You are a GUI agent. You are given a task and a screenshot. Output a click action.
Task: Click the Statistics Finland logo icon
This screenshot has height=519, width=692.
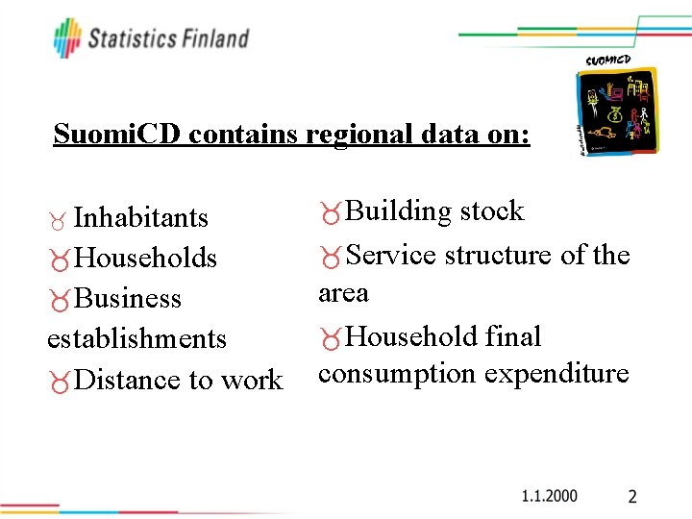67,37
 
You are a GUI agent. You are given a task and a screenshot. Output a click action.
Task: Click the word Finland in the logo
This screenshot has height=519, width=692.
214,38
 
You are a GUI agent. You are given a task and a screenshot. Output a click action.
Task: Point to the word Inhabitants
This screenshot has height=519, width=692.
140,217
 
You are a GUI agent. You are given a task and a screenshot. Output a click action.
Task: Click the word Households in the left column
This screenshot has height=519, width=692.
145,258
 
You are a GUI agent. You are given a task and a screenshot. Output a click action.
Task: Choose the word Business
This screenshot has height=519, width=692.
127,298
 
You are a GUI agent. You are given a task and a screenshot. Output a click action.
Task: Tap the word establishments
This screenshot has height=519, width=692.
136,338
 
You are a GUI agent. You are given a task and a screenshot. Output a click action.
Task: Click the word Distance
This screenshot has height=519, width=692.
129,380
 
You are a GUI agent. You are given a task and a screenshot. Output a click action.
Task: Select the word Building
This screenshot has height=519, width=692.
399,211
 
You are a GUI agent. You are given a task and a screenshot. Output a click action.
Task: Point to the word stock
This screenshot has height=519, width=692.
492,211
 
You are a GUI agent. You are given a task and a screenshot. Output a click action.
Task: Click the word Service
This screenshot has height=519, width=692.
391,255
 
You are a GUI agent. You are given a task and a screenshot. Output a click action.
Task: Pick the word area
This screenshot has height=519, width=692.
343,292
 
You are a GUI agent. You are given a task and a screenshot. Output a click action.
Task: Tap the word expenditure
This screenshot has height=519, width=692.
556,373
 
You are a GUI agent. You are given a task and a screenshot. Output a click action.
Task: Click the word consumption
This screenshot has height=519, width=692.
397,373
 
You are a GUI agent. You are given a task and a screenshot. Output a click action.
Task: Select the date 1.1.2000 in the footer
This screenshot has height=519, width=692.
549,496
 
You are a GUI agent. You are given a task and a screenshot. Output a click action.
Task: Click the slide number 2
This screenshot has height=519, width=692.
631,497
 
